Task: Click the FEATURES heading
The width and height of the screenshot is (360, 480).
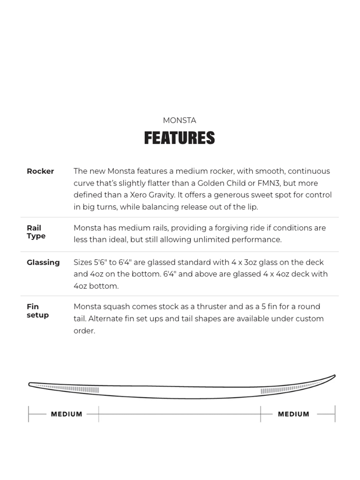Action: coord(180,138)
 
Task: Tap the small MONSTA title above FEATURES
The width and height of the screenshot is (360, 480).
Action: coord(180,120)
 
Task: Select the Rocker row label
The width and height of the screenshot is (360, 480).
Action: coord(40,171)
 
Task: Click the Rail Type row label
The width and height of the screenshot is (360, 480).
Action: coord(36,232)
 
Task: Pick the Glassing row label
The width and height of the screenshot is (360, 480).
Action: coord(43,262)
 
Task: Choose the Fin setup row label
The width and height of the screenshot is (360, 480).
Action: coord(37,311)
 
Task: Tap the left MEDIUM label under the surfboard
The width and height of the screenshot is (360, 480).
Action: coord(67,414)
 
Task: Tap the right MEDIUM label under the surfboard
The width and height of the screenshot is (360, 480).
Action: coord(294,414)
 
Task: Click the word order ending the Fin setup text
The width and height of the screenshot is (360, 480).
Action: coord(85,331)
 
